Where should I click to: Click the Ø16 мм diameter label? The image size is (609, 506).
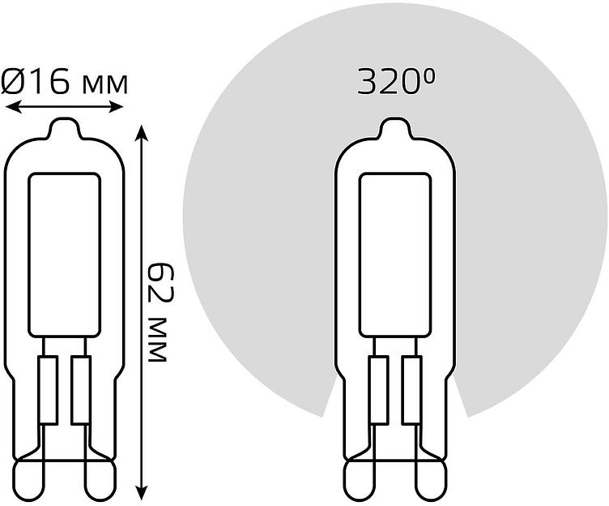pos(64,81)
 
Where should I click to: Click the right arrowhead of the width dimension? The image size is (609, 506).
pos(116,106)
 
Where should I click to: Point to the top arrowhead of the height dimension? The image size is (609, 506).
pos(142,133)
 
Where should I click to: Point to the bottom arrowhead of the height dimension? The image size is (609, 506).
pos(142,491)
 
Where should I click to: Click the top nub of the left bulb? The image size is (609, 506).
pos(64,127)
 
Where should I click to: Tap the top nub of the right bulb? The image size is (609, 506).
pos(395,127)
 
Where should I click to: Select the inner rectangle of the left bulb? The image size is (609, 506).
pos(65,255)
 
